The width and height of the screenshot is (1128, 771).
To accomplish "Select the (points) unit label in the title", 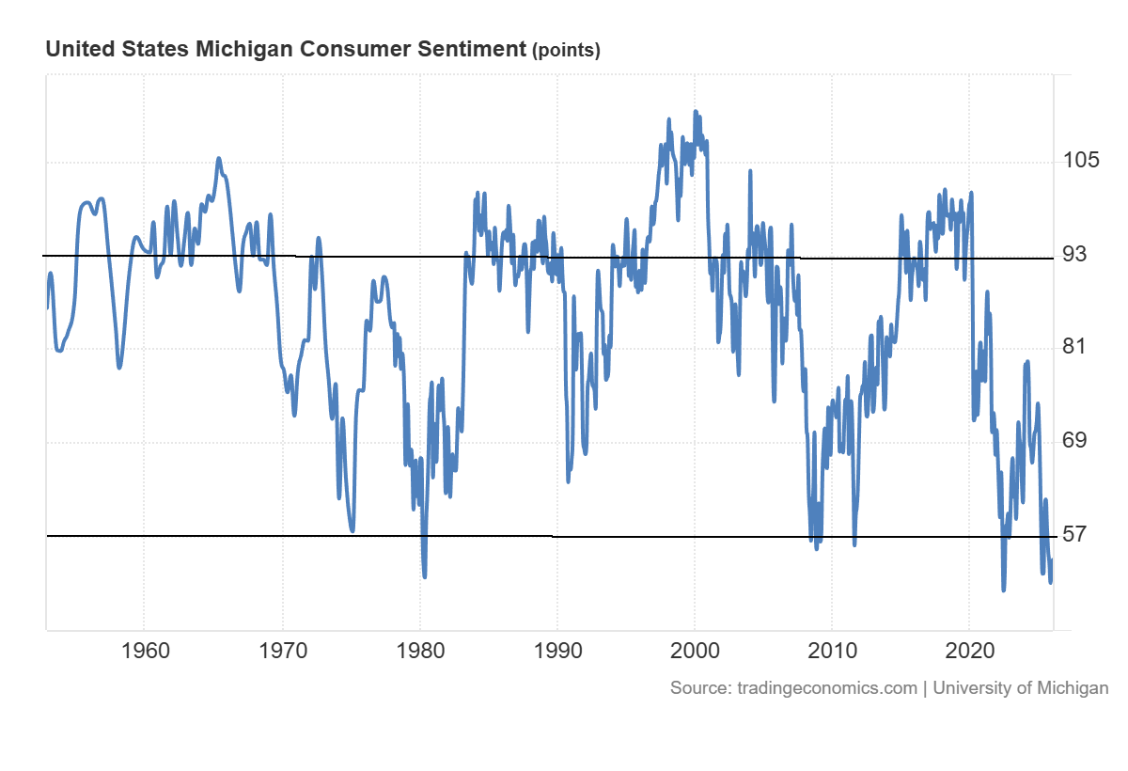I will pyautogui.click(x=566, y=51).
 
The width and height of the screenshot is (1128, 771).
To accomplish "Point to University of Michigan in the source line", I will pyautogui.click(x=1021, y=688).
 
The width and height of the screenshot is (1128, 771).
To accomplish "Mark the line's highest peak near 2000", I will pyautogui.click(x=696, y=111).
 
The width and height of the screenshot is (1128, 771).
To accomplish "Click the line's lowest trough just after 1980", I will pyautogui.click(x=425, y=576).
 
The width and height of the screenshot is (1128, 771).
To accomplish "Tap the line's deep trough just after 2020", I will pyautogui.click(x=1004, y=590).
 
